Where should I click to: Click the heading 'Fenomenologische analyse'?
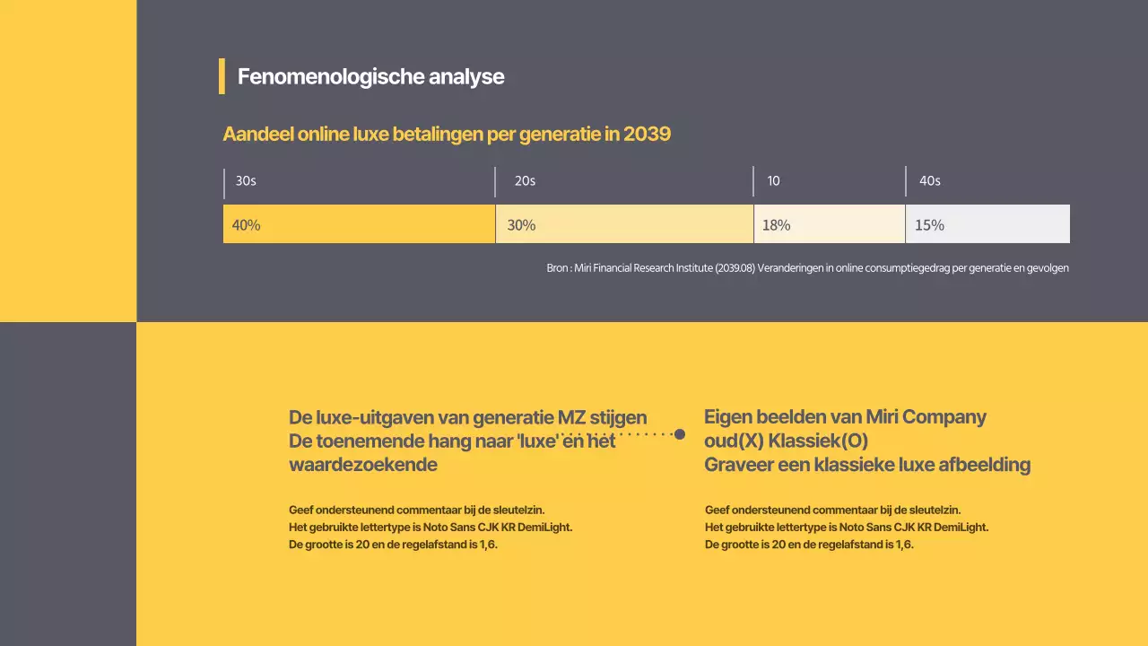(370, 77)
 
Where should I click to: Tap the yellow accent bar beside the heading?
(222, 76)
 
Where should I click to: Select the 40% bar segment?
(359, 224)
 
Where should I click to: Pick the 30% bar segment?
(624, 224)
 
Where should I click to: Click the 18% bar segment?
(830, 224)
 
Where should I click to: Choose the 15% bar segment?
(987, 224)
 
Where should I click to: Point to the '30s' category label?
(246, 181)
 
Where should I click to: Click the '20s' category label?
(525, 181)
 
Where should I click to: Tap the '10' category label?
(773, 181)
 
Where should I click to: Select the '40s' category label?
(929, 181)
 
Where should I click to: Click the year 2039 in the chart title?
(647, 135)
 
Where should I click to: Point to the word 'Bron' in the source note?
(557, 268)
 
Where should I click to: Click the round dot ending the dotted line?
(680, 434)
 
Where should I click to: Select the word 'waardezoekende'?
(363, 465)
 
